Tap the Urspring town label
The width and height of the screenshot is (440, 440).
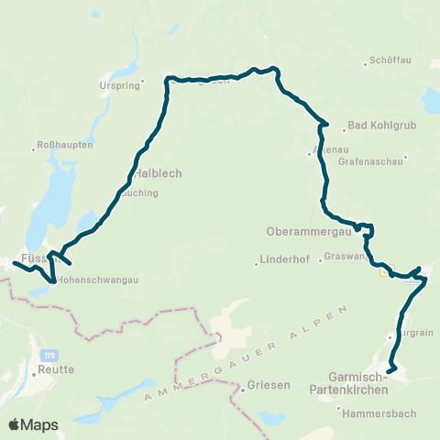pyautogui.click(x=116, y=87)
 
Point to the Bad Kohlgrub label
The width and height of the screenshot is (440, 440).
pyautogui.click(x=376, y=128)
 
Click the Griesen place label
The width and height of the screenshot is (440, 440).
pyautogui.click(x=266, y=386)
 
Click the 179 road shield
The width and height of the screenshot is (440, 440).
pyautogui.click(x=48, y=353)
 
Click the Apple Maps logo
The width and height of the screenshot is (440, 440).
pyautogui.click(x=33, y=423)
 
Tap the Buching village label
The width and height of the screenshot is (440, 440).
pyautogui.click(x=139, y=193)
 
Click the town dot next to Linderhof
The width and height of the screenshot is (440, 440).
pyautogui.click(x=257, y=265)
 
